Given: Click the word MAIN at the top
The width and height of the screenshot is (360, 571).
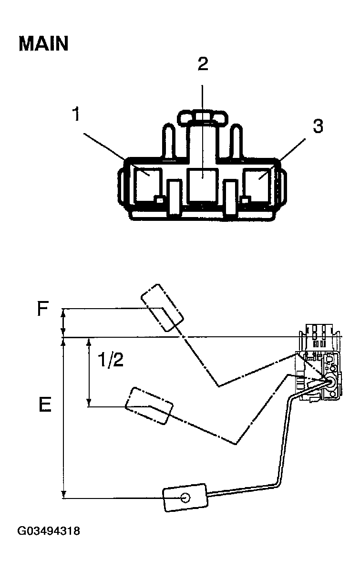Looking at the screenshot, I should tap(43, 44).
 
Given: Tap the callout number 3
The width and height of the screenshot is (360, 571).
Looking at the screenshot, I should tap(318, 126).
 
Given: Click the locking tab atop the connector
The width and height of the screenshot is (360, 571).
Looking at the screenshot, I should tap(203, 116).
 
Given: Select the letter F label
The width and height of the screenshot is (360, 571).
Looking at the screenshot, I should tap(42, 311).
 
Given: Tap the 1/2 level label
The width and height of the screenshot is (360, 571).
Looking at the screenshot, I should tap(110, 360).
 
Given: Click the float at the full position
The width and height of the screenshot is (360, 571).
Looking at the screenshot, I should tap(162, 308).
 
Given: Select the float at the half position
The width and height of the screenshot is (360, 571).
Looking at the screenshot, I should tap(148, 405).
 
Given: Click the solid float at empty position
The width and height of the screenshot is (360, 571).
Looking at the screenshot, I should tap(185, 498).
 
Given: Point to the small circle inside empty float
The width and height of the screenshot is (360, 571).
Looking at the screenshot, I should tap(185, 498).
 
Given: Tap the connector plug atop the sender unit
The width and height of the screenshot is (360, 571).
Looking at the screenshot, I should tap(319, 337).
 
